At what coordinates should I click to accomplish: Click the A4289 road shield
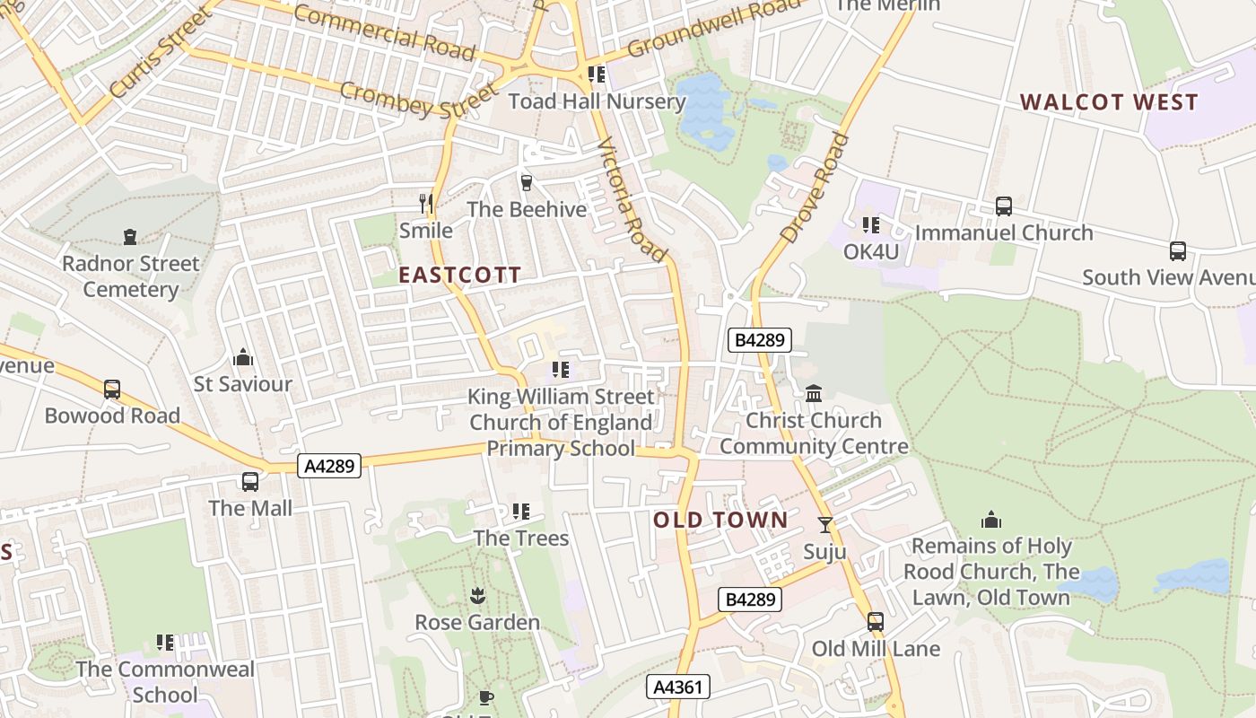point(329,466)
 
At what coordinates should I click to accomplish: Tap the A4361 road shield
point(678,687)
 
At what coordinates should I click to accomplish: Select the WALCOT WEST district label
point(1109,102)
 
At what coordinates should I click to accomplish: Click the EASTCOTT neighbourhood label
point(459,276)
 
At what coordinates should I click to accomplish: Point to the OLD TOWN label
point(720,521)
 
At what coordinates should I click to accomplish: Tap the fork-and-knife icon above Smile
point(426,204)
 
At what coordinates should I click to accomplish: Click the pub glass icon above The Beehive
point(527,183)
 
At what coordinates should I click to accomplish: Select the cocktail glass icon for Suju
point(824,525)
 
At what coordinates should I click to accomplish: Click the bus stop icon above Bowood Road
point(112,390)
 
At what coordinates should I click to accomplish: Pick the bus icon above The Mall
point(250,482)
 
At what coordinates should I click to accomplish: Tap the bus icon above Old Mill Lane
point(875,622)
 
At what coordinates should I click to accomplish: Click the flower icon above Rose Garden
point(476,596)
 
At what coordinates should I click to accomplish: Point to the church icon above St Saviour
point(243,358)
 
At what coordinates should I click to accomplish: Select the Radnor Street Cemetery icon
point(130,237)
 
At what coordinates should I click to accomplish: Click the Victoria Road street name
point(632,199)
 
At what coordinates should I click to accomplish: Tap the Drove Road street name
point(815,188)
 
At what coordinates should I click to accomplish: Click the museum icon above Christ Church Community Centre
point(814,393)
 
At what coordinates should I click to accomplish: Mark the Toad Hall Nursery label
point(597,101)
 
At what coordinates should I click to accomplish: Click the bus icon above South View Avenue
point(1177,251)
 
